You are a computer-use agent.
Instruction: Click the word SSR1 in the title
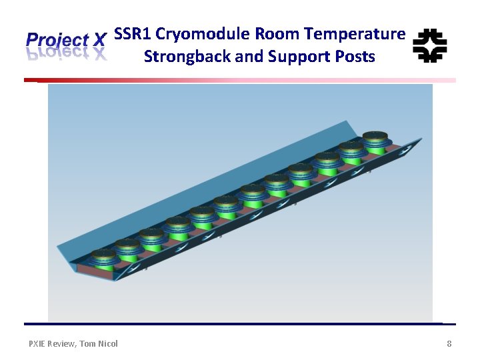(132, 34)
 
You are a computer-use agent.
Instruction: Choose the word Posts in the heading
(353, 57)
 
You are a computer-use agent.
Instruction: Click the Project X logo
(66, 46)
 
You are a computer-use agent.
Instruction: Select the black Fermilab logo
(430, 45)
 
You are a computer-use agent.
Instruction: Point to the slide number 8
(449, 343)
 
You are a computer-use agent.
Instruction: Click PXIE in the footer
(39, 343)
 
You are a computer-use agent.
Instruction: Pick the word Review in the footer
(65, 343)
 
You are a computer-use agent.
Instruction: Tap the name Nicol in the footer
(107, 343)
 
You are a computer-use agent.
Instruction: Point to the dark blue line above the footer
(240, 324)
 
